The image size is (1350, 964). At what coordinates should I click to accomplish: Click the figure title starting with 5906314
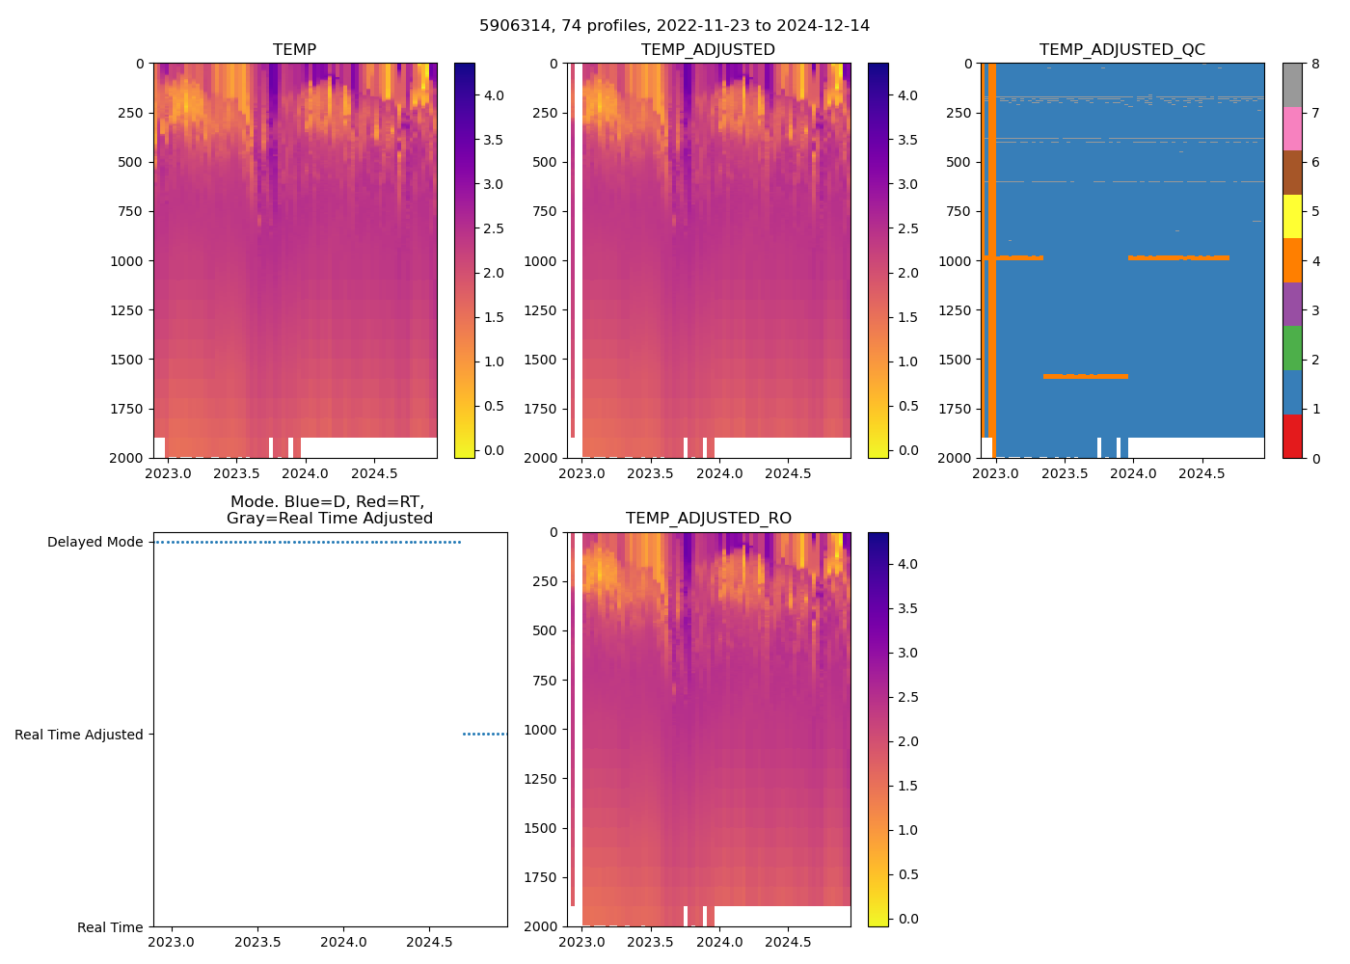tap(674, 26)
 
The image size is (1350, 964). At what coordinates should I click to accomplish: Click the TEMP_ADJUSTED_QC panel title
tap(1121, 49)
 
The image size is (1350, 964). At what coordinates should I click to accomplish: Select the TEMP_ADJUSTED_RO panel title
tap(708, 519)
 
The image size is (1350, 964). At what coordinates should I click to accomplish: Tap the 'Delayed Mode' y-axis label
tap(94, 542)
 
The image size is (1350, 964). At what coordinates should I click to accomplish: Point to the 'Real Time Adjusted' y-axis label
tap(79, 735)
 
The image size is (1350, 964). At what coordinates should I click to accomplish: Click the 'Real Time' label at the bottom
tap(110, 927)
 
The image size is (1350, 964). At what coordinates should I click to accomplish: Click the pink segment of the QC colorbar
tap(1292, 129)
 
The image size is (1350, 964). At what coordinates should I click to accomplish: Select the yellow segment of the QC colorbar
tap(1292, 217)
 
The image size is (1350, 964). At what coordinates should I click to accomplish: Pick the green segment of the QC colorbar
tap(1292, 348)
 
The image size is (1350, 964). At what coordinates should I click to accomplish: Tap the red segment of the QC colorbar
tap(1292, 436)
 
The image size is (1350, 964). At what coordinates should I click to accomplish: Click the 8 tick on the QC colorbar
tap(1315, 64)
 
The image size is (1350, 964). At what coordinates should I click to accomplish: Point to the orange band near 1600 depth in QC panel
tap(1085, 376)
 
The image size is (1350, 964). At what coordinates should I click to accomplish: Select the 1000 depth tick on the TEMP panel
tap(127, 261)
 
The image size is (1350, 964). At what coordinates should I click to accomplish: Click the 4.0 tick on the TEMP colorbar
tap(493, 95)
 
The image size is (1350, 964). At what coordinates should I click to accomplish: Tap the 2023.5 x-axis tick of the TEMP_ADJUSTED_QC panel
tap(1065, 473)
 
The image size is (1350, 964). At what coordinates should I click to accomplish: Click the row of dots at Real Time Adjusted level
tap(484, 735)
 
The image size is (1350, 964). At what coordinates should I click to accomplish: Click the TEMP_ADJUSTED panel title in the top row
tap(708, 49)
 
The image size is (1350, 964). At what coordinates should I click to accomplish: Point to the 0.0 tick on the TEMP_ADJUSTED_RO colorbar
tap(907, 919)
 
